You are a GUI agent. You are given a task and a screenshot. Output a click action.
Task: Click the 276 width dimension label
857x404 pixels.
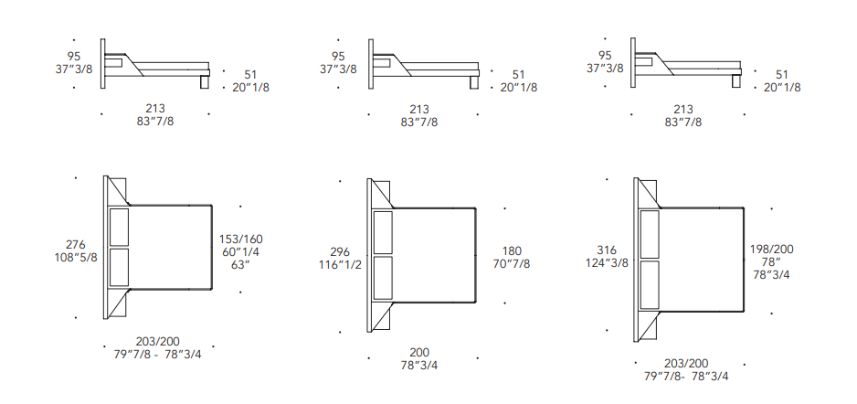76,244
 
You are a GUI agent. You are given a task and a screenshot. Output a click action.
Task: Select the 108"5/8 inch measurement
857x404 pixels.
76,257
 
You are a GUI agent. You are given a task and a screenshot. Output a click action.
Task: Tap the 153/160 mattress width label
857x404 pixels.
241,239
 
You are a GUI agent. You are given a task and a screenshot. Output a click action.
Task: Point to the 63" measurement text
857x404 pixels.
241,265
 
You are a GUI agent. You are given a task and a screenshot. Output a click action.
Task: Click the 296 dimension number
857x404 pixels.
340,252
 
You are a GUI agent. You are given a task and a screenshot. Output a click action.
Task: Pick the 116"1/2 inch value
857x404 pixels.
340,264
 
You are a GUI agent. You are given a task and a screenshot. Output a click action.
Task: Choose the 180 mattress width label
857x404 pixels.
512,251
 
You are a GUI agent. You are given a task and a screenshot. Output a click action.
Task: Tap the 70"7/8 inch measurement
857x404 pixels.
512,264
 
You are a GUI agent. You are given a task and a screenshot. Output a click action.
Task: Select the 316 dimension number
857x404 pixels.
607,250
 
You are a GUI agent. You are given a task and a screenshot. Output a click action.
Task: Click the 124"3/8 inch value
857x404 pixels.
607,263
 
